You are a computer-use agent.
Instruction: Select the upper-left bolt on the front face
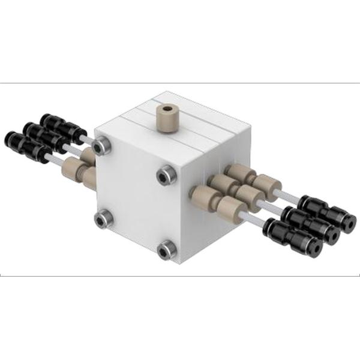[x=104, y=144]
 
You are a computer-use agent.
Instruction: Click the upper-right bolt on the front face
[x=164, y=175]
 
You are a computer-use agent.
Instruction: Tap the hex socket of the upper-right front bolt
[x=164, y=175]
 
